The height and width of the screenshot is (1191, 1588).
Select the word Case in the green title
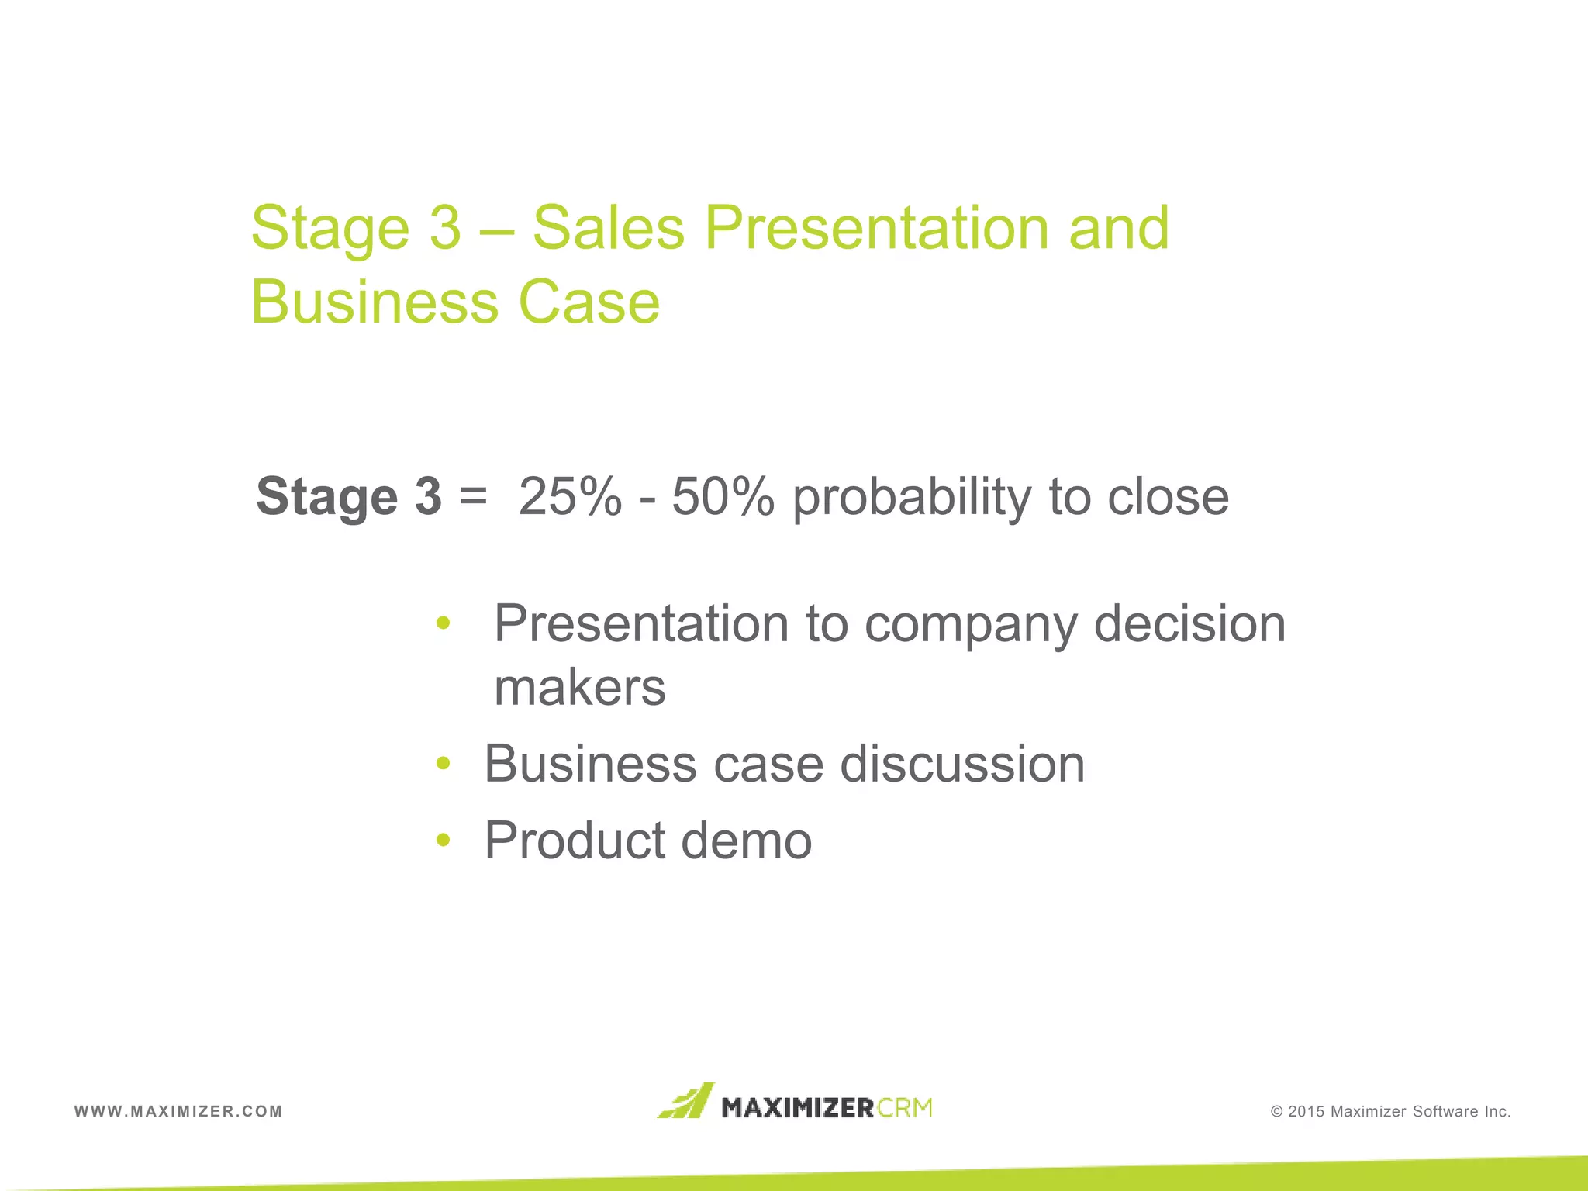(589, 302)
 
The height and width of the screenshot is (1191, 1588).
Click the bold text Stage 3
(348, 496)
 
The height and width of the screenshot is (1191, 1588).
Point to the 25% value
(570, 496)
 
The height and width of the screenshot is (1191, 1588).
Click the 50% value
(723, 496)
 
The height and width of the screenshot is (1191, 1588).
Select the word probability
(912, 498)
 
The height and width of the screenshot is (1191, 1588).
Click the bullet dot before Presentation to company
(443, 622)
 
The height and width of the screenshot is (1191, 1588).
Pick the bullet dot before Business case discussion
(443, 763)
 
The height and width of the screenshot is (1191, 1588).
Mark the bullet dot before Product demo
(443, 839)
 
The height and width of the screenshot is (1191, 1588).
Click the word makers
(579, 687)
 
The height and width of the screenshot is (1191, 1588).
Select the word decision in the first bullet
(1189, 623)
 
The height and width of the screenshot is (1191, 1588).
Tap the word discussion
(962, 764)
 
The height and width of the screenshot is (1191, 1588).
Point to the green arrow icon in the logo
(685, 1101)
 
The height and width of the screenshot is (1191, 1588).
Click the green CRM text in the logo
(905, 1107)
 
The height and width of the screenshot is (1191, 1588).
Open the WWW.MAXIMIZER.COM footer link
(178, 1111)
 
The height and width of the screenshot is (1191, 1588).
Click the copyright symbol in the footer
(1276, 1112)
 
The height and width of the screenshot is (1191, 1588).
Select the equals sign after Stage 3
(473, 496)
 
